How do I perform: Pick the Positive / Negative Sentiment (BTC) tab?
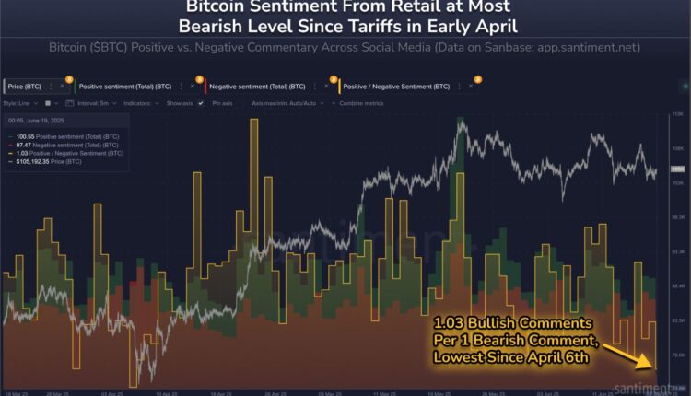(397, 86)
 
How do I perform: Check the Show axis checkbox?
(201, 103)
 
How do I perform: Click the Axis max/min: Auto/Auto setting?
(290, 103)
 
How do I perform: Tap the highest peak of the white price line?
(459, 119)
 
